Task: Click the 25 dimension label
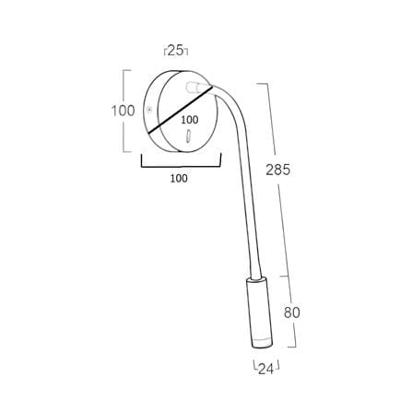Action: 175,50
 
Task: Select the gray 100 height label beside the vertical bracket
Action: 123,111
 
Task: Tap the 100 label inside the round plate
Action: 190,120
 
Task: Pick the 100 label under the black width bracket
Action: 179,178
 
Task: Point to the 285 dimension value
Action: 277,170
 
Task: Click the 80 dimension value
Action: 291,312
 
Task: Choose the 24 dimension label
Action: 265,369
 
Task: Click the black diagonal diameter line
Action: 181,110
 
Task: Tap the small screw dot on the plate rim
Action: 149,110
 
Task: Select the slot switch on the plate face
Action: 188,136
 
